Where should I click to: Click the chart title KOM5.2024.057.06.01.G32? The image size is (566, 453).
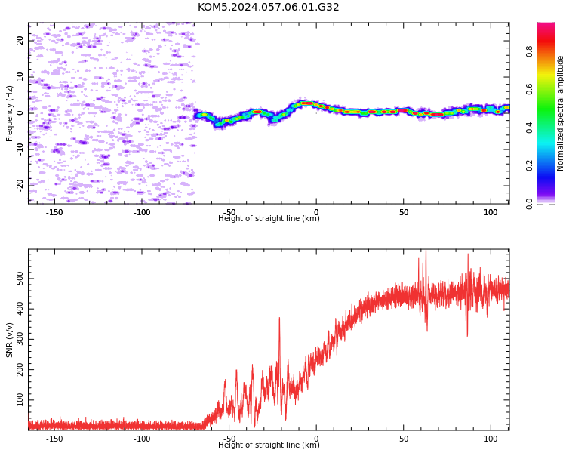click(x=268, y=8)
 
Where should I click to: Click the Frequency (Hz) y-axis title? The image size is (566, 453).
click(x=9, y=113)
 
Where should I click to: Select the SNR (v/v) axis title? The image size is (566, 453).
click(x=9, y=340)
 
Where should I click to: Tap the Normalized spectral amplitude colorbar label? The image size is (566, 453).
click(x=560, y=113)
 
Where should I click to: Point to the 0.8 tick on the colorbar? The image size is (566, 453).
click(x=529, y=51)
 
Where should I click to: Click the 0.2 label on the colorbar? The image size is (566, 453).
click(x=529, y=165)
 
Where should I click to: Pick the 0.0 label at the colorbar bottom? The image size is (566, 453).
click(x=529, y=204)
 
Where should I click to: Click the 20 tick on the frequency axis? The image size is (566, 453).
click(x=20, y=40)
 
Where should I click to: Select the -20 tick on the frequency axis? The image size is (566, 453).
click(x=20, y=186)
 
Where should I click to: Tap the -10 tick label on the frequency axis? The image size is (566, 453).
click(x=20, y=149)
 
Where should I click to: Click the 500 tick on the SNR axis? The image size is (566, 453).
click(x=20, y=279)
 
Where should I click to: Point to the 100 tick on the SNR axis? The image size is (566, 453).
click(x=20, y=400)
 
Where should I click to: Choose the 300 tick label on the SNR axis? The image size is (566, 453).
click(x=20, y=339)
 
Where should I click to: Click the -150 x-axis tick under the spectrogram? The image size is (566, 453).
click(x=54, y=212)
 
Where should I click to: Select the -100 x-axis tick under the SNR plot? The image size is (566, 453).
click(x=142, y=439)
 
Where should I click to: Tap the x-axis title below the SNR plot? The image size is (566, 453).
click(x=269, y=445)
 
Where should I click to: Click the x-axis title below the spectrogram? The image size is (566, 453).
click(x=269, y=218)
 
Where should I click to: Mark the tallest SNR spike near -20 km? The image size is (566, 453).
click(x=279, y=318)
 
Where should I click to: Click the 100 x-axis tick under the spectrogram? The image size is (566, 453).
click(x=491, y=212)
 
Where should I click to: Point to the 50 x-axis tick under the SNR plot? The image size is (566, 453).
click(x=404, y=439)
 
